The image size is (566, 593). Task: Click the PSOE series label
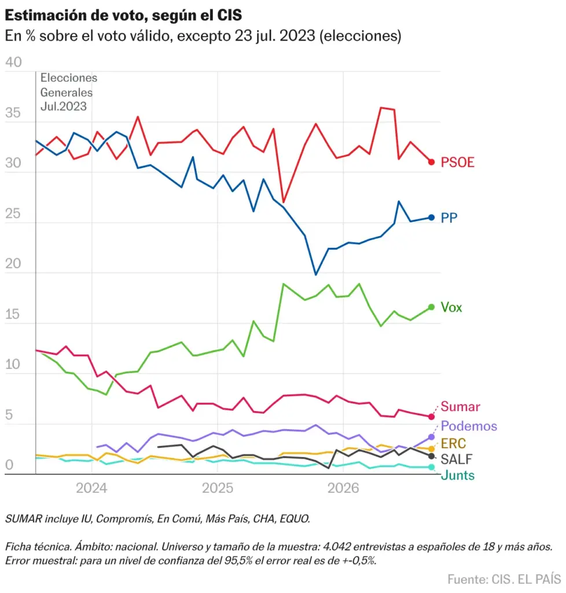457,162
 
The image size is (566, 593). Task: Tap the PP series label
449,218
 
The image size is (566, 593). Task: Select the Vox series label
451,307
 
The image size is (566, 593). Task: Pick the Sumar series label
460,407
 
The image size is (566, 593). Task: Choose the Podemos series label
469,426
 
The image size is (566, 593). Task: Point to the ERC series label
453,443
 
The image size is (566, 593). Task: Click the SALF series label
457,459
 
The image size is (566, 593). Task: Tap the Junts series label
458,475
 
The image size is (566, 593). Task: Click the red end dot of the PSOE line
431,162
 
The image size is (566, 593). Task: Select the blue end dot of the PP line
431,218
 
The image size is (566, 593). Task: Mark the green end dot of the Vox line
431,307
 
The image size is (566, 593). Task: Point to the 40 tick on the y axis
13,63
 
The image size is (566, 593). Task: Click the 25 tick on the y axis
13,214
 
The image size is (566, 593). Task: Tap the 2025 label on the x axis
218,488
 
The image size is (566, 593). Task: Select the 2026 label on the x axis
343,488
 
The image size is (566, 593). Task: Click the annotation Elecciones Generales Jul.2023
68,92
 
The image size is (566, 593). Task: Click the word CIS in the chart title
229,16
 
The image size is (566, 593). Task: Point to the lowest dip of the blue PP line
316,274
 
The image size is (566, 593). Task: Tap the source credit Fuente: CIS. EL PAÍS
504,579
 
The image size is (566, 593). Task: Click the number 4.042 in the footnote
337,547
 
